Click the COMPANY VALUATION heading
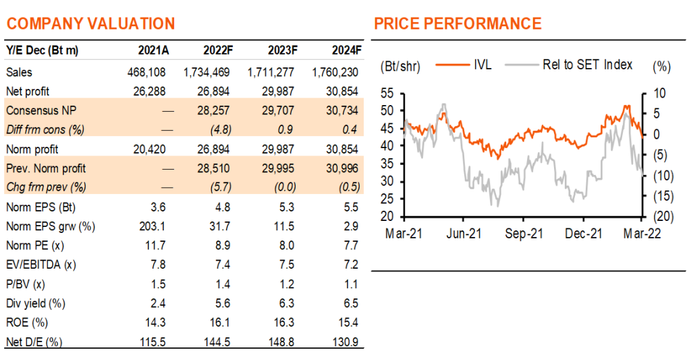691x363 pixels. coord(91,24)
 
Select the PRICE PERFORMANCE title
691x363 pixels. coord(458,24)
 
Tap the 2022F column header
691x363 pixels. coord(218,51)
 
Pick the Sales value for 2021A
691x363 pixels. coord(146,72)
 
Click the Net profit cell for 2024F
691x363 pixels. coord(342,92)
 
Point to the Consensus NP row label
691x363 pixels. coord(41,110)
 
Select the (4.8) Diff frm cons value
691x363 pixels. coord(221,130)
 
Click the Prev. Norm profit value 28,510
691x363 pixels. coord(213,168)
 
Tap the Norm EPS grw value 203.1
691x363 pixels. coord(152,226)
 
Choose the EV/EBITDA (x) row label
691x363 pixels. coord(41,265)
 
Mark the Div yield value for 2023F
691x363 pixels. coord(286,304)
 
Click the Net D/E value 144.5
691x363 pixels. coord(217,342)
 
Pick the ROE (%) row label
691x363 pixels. coord(27,323)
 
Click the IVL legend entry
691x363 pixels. coord(464,65)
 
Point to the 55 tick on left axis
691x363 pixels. coord(387,94)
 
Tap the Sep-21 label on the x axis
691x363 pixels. coord(524,233)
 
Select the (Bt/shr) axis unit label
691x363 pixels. coord(400,67)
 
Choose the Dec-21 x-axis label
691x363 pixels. coord(584,233)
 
